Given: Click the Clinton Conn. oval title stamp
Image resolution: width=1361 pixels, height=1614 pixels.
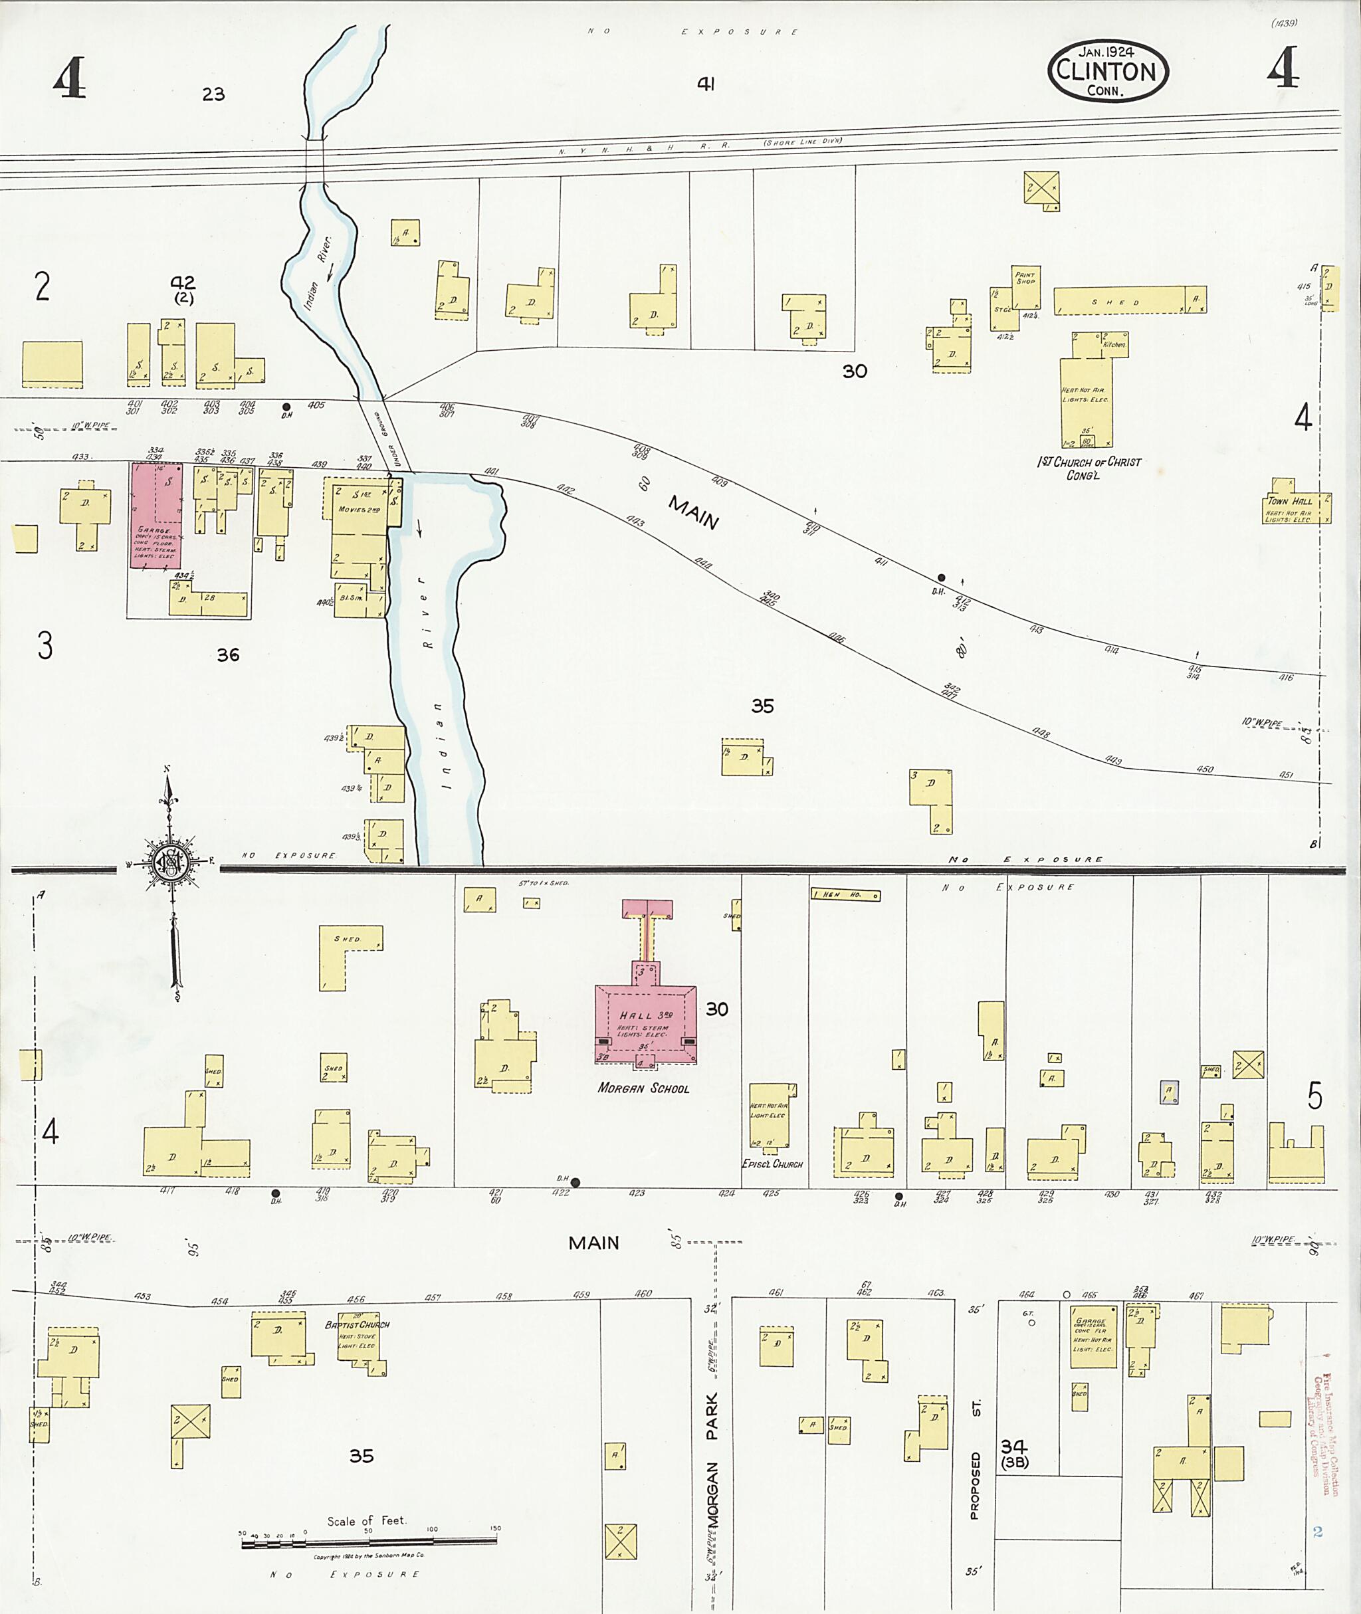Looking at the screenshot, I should click(x=1108, y=72).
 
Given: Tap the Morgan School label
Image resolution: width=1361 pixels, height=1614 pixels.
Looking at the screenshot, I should click(x=643, y=1088).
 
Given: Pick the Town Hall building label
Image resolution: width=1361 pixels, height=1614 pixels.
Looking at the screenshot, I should click(x=1289, y=501).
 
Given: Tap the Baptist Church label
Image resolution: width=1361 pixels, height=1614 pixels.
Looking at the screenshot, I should click(x=358, y=1325).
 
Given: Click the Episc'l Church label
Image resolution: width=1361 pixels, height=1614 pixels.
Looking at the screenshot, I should click(x=772, y=1164).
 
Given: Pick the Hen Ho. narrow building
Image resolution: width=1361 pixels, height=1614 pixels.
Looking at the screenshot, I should click(x=845, y=895).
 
